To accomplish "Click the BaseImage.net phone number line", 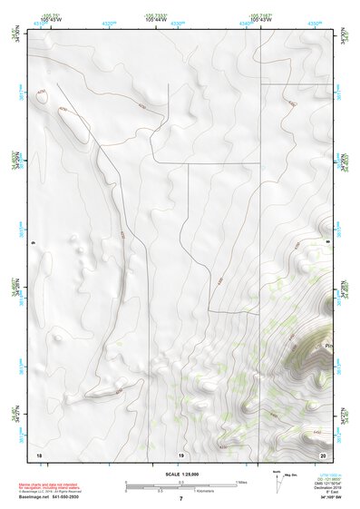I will coord(49,496).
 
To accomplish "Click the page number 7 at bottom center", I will coord(180,499).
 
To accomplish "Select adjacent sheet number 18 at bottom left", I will coord(38,453).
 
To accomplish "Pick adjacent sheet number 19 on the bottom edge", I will coord(180,453).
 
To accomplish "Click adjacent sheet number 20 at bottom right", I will coord(323,453).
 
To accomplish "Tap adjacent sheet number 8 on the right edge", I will coord(327,243).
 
